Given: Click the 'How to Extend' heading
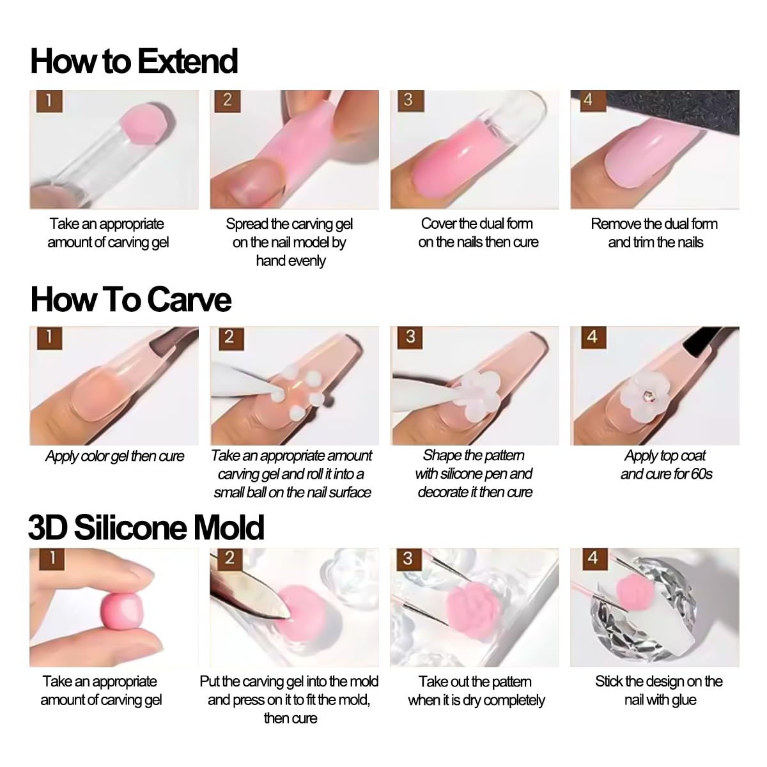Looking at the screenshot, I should click(x=134, y=61).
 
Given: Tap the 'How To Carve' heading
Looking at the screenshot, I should click(x=130, y=299).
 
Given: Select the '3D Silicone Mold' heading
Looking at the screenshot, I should click(x=146, y=527).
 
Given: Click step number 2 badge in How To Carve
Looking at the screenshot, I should click(x=229, y=337).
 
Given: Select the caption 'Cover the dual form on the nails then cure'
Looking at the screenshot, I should click(x=477, y=233).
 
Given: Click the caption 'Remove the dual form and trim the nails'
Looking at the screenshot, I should click(x=655, y=233).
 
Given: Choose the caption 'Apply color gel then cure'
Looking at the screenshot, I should click(x=114, y=456).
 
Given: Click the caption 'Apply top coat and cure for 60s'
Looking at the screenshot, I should click(x=665, y=465).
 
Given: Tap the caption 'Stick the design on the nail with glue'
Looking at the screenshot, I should click(x=659, y=690).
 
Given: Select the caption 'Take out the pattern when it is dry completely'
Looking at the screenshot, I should click(x=476, y=690).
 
